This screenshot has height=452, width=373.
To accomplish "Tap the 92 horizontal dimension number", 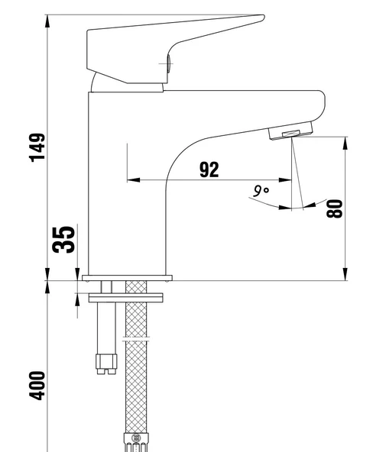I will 209,169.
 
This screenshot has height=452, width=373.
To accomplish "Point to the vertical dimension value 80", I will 334,208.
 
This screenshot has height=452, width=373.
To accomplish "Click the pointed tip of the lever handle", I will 261,17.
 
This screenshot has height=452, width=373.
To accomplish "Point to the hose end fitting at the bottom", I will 137,440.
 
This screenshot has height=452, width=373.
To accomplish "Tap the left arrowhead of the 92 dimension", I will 130,181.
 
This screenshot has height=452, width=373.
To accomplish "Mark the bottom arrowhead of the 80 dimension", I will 346,276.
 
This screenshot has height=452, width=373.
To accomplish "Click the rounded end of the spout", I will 321,107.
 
